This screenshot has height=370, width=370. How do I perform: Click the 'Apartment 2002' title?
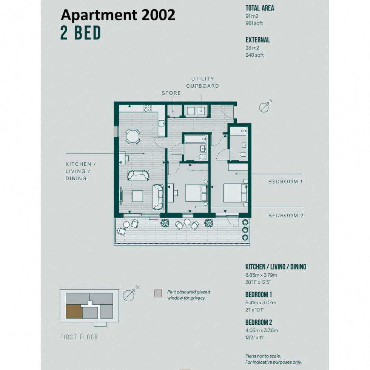click(x=118, y=15)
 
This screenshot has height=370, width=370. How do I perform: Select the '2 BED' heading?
click(x=80, y=33)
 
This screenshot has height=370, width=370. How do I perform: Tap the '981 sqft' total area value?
click(x=254, y=23)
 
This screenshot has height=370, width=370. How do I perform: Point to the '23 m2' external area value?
click(x=252, y=48)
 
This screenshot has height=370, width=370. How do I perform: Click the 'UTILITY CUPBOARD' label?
click(x=202, y=82)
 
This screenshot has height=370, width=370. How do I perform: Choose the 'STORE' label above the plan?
click(x=171, y=93)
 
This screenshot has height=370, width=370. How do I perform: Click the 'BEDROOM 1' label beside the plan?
click(x=285, y=182)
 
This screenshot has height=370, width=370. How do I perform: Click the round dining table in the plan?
click(x=133, y=136)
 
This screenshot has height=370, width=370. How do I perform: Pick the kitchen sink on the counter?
click(x=162, y=123)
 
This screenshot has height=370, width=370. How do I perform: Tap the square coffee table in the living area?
click(x=137, y=196)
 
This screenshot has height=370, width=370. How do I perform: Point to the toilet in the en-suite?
click(x=243, y=154)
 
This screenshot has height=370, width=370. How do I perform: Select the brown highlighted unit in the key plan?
click(x=74, y=312)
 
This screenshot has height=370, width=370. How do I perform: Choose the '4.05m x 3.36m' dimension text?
click(x=262, y=330)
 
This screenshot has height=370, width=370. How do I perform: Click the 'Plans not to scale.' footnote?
click(x=263, y=356)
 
